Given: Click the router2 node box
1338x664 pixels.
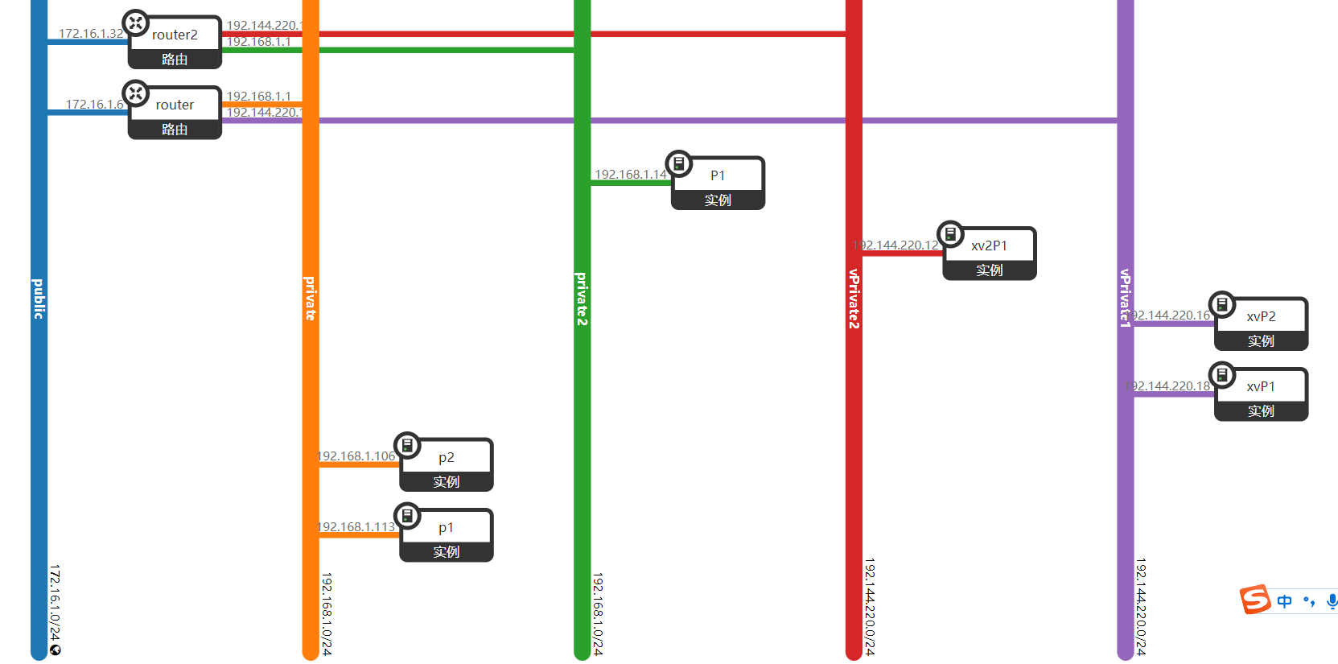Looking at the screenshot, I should [175, 43].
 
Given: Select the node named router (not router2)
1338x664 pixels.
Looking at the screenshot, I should [175, 113].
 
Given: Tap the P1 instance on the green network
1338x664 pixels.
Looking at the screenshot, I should [718, 184].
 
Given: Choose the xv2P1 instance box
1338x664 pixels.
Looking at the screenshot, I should [989, 254].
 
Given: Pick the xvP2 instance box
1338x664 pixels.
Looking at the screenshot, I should [1261, 324].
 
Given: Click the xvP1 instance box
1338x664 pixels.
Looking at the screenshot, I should [1261, 394].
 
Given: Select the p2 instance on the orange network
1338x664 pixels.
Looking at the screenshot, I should [447, 465].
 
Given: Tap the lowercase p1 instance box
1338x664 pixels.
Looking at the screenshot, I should [447, 535].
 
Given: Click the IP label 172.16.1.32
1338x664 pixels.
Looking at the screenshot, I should [91, 34].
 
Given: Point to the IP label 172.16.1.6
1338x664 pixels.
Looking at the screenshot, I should [95, 105].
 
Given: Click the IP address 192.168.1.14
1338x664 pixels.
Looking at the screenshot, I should [631, 175].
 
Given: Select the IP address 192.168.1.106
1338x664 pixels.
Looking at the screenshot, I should [357, 456].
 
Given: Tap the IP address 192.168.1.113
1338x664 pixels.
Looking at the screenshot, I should [357, 527].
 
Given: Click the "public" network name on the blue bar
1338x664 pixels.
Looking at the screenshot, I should [39, 299].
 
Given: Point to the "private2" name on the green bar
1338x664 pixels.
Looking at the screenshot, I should [582, 299].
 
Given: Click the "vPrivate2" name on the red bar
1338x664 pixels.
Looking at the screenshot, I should [854, 299].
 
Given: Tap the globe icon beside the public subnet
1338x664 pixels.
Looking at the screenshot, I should [55, 650].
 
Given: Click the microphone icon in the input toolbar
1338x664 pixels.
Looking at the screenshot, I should [1332, 601].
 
